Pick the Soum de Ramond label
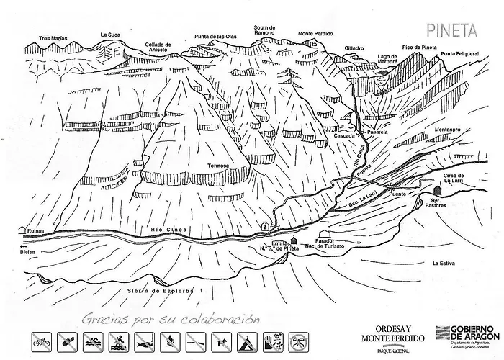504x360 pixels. click(x=265, y=30)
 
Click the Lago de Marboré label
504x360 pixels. click(x=387, y=59)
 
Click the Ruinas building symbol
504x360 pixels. click(x=22, y=230)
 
